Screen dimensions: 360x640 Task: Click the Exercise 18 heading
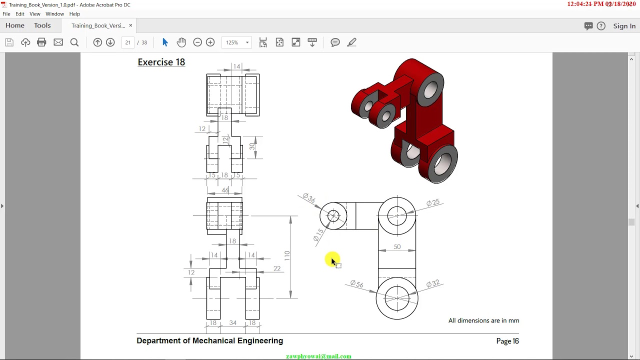click(x=161, y=62)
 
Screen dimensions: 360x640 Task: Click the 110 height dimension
click(x=287, y=255)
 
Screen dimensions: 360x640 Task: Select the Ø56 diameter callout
click(x=356, y=284)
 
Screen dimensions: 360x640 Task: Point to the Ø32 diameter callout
click(x=433, y=283)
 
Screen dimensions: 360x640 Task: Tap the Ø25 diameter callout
click(x=433, y=202)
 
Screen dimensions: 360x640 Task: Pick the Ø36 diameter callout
click(x=309, y=198)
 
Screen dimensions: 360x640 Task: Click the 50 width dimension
click(x=397, y=246)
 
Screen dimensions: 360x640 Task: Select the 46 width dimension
click(x=225, y=190)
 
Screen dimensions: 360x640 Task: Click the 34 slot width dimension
click(x=232, y=323)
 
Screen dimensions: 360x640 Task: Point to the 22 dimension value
click(x=277, y=268)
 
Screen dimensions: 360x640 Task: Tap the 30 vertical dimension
click(x=252, y=146)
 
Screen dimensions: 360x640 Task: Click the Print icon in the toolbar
click(x=41, y=42)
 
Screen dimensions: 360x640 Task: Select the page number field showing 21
click(x=128, y=42)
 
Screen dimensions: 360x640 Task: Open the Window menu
click(x=54, y=14)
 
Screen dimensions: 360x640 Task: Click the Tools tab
click(x=42, y=25)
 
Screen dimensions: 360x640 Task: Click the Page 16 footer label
click(x=507, y=341)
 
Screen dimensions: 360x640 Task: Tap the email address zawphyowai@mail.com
click(x=318, y=356)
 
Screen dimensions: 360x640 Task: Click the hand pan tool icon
click(x=181, y=42)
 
